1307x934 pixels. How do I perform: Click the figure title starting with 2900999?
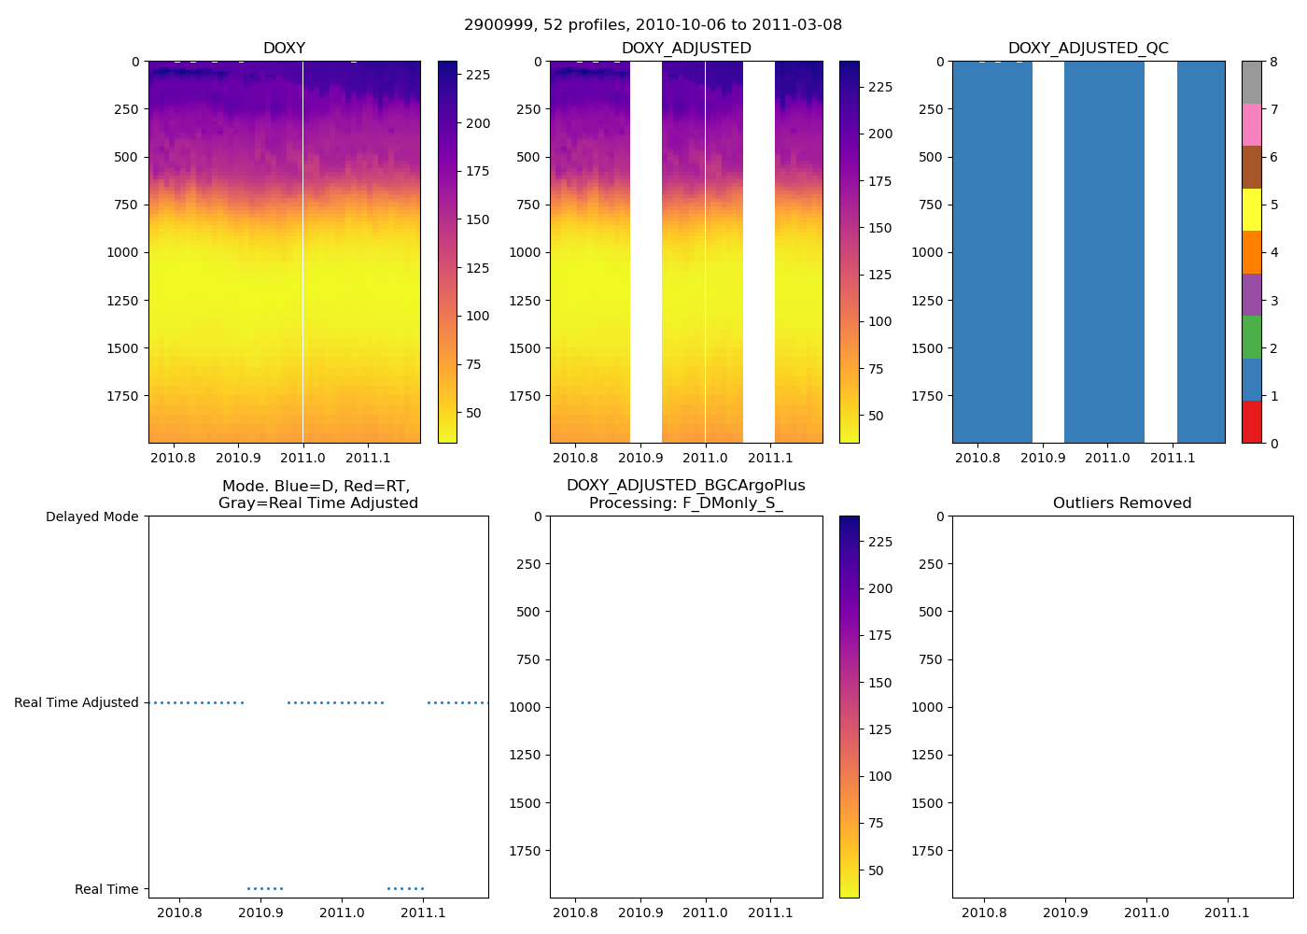coord(653,25)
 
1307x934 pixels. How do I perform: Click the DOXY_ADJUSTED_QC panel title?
coord(1088,49)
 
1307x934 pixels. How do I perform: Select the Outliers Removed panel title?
coord(1122,503)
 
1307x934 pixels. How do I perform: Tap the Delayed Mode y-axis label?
coord(91,517)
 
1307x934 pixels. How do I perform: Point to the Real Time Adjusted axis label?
coord(76,702)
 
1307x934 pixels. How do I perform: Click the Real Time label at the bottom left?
coord(106,889)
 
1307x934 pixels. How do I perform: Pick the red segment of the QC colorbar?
coord(1251,422)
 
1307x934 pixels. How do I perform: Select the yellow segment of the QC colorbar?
coord(1251,210)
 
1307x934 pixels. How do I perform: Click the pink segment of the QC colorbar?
coord(1251,125)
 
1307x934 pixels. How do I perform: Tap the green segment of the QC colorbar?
coord(1251,337)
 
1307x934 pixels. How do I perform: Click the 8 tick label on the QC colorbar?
coord(1273,62)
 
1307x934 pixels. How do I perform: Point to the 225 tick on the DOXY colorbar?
coord(478,75)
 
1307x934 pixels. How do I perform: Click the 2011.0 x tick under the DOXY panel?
coord(302,458)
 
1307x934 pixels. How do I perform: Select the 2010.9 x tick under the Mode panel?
coord(260,913)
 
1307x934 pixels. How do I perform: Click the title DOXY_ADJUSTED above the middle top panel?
coord(686,49)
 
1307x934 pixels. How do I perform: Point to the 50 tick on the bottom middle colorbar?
coord(876,870)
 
